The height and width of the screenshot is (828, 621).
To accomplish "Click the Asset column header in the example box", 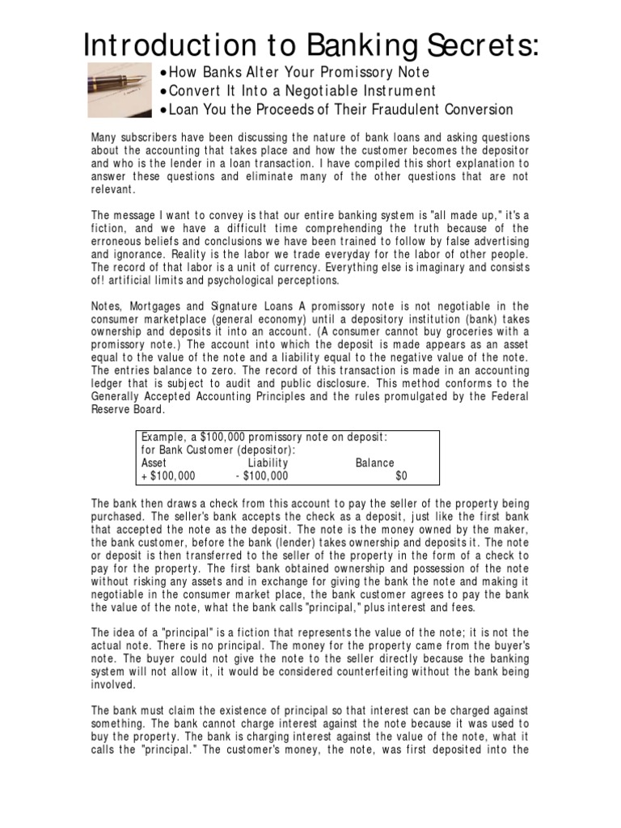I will (x=154, y=463).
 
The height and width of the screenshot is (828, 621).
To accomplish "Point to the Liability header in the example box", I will (x=268, y=463).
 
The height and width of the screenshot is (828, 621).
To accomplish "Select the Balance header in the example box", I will (x=375, y=463).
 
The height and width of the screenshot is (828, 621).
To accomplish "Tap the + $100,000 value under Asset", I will (x=168, y=476).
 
